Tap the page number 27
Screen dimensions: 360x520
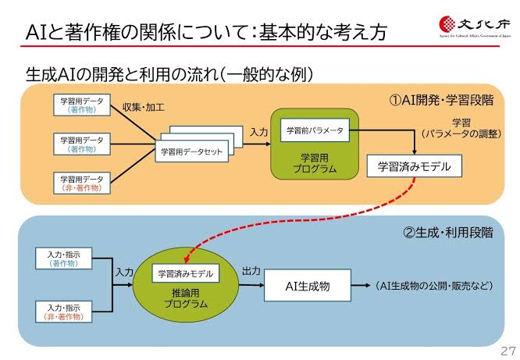click(507, 349)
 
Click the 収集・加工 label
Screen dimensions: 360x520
click(144, 106)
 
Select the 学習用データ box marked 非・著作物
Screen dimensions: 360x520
click(83, 183)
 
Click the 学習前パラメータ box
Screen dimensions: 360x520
click(315, 130)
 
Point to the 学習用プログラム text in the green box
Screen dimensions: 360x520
click(315, 162)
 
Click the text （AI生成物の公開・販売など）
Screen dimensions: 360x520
click(434, 286)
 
